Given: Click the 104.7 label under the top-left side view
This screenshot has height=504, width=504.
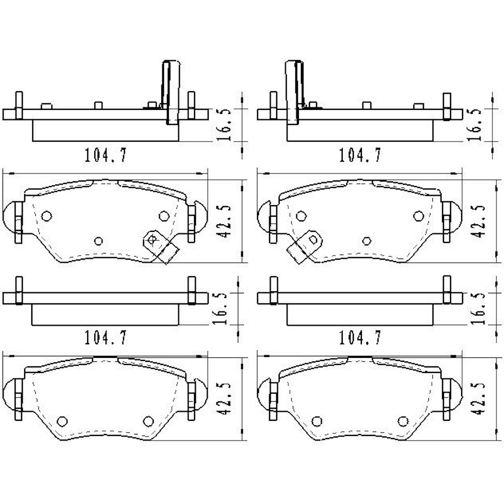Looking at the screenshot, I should tap(106, 155).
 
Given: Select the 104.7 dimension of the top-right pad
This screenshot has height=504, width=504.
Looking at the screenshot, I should tap(360, 155).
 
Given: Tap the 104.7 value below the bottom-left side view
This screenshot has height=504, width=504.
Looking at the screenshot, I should tap(106, 337).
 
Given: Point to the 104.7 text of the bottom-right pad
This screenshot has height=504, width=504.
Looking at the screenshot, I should tap(360, 337).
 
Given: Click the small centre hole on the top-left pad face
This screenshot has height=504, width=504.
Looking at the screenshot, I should tap(99, 241).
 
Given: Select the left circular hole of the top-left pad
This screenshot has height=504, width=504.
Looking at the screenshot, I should tap(46, 216).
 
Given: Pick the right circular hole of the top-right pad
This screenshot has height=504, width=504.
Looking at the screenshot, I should tap(418, 216).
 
